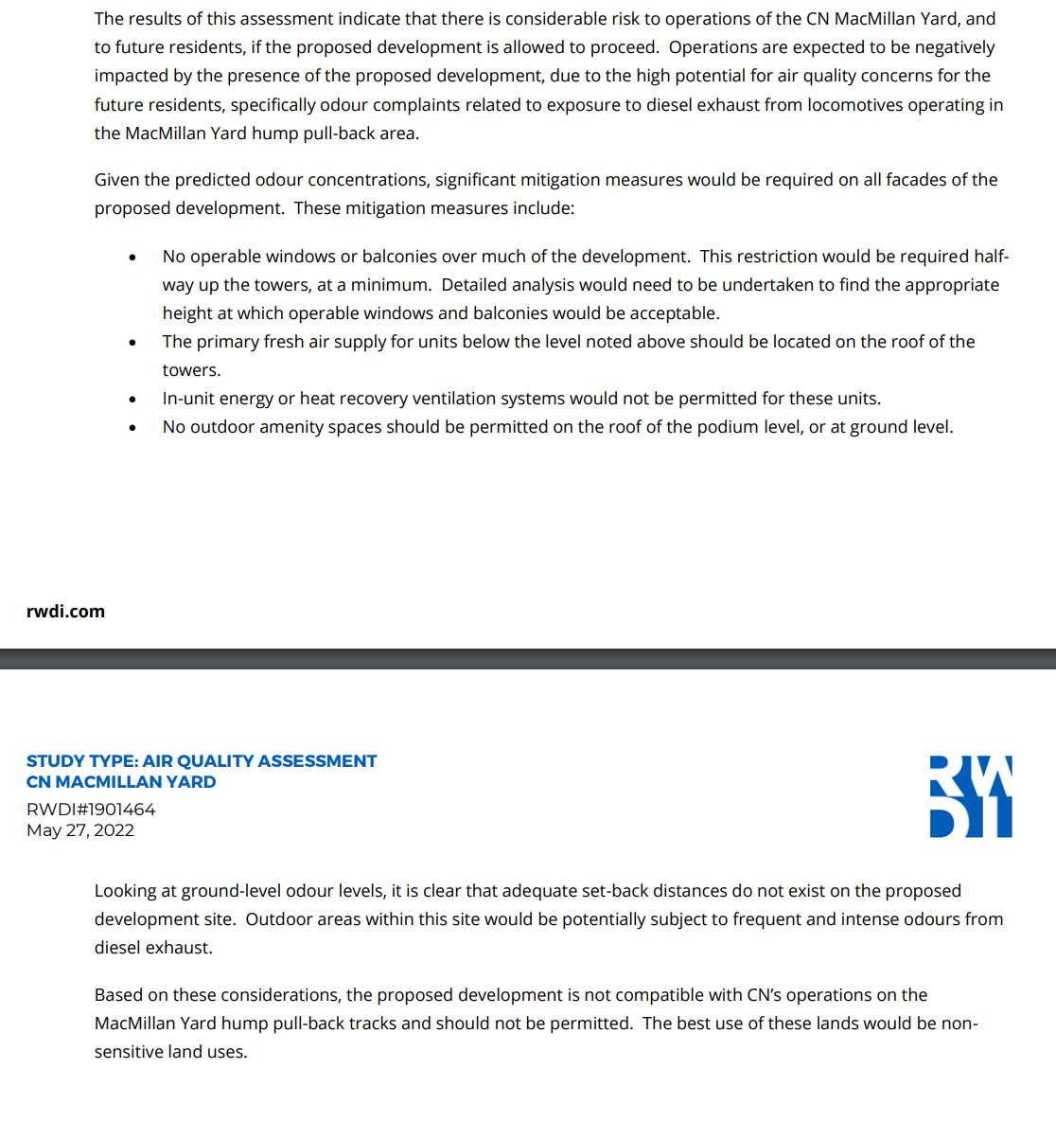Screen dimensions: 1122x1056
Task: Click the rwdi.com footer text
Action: click(65, 612)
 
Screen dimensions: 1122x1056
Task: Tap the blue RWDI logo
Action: click(971, 796)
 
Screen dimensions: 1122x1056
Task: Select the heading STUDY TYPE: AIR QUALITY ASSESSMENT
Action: click(202, 761)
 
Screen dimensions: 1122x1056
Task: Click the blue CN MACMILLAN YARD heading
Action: click(121, 782)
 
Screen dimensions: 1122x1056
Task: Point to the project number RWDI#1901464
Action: click(91, 810)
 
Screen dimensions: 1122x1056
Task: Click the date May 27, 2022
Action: click(80, 830)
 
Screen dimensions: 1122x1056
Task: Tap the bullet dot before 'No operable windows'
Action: click(132, 258)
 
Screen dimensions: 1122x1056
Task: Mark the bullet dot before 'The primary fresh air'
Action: click(132, 343)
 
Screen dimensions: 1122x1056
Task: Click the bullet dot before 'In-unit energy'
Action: click(132, 400)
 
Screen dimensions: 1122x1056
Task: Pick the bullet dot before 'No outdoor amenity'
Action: click(132, 428)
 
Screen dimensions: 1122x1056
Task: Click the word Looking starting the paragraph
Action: click(126, 891)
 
